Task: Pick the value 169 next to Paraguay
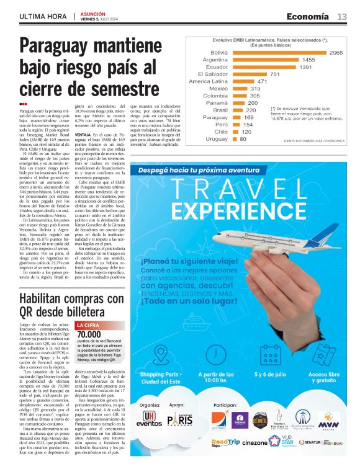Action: pos(249,117)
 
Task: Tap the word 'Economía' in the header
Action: pos(308,16)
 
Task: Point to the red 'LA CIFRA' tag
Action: pos(88,324)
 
